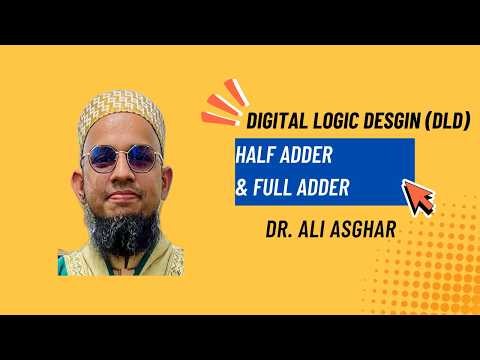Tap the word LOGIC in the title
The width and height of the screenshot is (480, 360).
point(329,125)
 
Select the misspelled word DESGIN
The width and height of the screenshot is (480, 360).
point(382,125)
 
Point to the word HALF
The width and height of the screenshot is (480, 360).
point(259,157)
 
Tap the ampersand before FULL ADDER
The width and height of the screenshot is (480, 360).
point(244,186)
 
